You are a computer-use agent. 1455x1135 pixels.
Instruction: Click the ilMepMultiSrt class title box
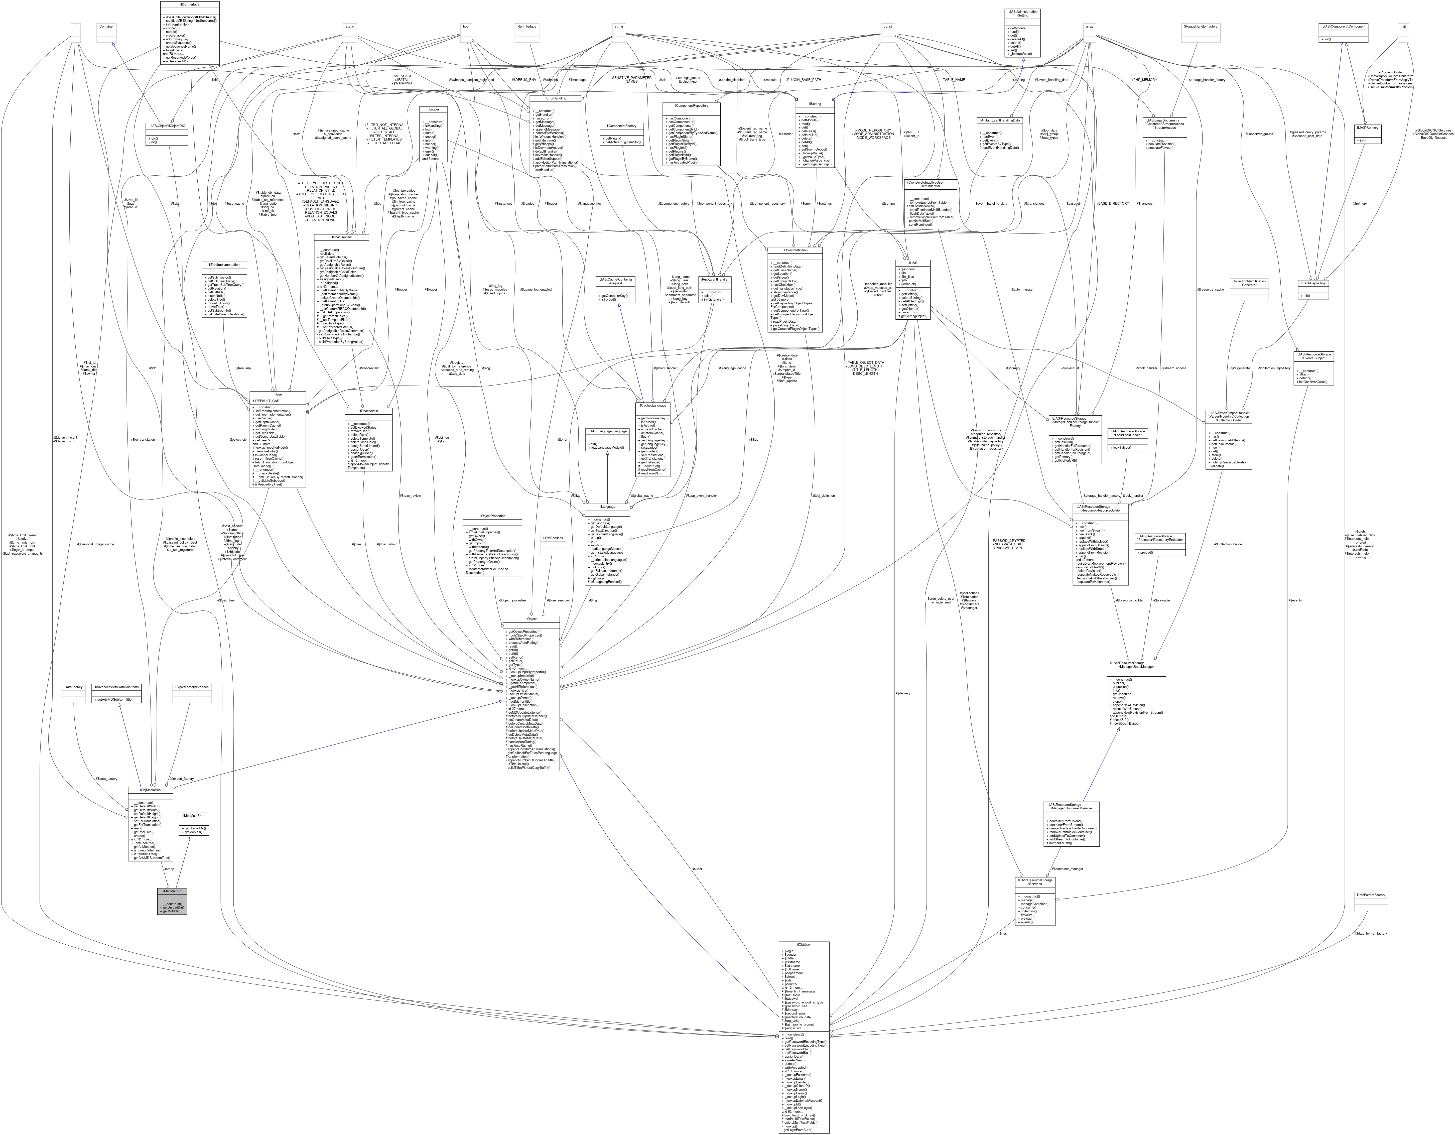point(172,891)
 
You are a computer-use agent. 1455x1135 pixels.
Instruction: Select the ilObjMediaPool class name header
point(151,791)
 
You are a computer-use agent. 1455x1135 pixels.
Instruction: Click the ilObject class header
point(531,619)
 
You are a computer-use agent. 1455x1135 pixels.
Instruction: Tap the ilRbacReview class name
point(342,236)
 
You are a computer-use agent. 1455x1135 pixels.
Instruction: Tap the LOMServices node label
point(553,538)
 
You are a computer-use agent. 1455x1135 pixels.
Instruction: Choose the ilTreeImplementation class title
point(224,265)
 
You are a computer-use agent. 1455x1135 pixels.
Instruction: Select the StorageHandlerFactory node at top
point(1200,27)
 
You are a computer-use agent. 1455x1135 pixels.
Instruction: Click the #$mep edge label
point(169,868)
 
